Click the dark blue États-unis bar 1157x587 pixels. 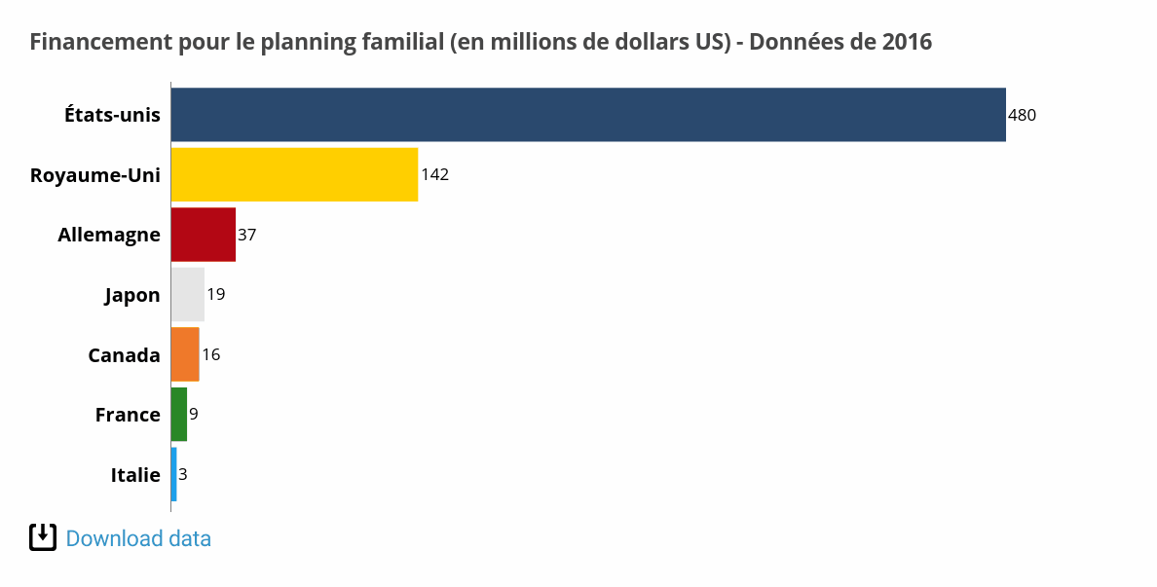588,115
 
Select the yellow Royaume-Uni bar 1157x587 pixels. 294,175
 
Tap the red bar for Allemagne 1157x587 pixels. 203,235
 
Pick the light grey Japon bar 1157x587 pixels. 187,294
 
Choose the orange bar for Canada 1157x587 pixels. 184,354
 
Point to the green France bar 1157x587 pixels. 178,415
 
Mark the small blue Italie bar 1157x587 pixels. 173,475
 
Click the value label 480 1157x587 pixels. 1022,115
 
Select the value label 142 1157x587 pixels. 434,175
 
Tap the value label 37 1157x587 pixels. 247,235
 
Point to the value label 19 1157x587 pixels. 216,294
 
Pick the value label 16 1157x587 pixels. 210,354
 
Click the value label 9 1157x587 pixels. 194,415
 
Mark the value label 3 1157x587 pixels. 183,475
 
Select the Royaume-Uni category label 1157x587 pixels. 95,175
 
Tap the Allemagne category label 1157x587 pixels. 109,235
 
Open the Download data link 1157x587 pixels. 138,538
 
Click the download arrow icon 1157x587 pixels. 43,537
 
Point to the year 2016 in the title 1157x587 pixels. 907,42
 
